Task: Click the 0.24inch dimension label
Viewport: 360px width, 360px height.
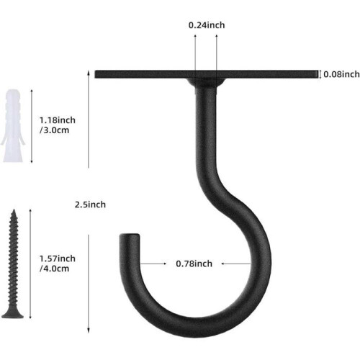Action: click(207, 25)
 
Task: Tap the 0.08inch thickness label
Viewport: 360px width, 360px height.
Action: click(341, 74)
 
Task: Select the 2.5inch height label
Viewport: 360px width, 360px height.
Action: click(90, 204)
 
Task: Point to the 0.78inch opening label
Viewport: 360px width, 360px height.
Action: click(194, 264)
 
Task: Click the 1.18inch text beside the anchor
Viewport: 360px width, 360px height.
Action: click(58, 120)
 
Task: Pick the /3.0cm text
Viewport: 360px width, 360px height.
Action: click(54, 130)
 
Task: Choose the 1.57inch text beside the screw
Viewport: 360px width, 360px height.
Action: click(58, 258)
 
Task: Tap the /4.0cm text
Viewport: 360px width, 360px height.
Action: click(54, 269)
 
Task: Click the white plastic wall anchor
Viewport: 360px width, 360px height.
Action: click(13, 125)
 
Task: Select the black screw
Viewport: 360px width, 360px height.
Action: click(13, 264)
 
